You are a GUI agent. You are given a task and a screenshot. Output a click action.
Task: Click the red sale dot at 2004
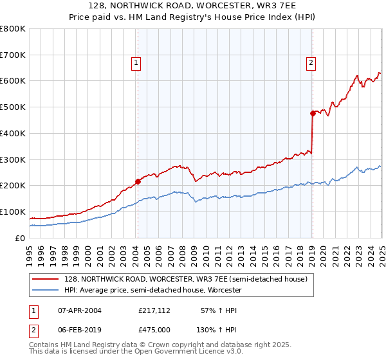tap(138, 181)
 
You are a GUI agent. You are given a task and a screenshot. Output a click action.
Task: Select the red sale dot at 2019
tap(313, 113)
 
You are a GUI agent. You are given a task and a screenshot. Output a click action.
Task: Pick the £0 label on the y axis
tap(21, 238)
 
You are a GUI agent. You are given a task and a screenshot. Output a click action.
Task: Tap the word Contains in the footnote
tap(45, 346)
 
